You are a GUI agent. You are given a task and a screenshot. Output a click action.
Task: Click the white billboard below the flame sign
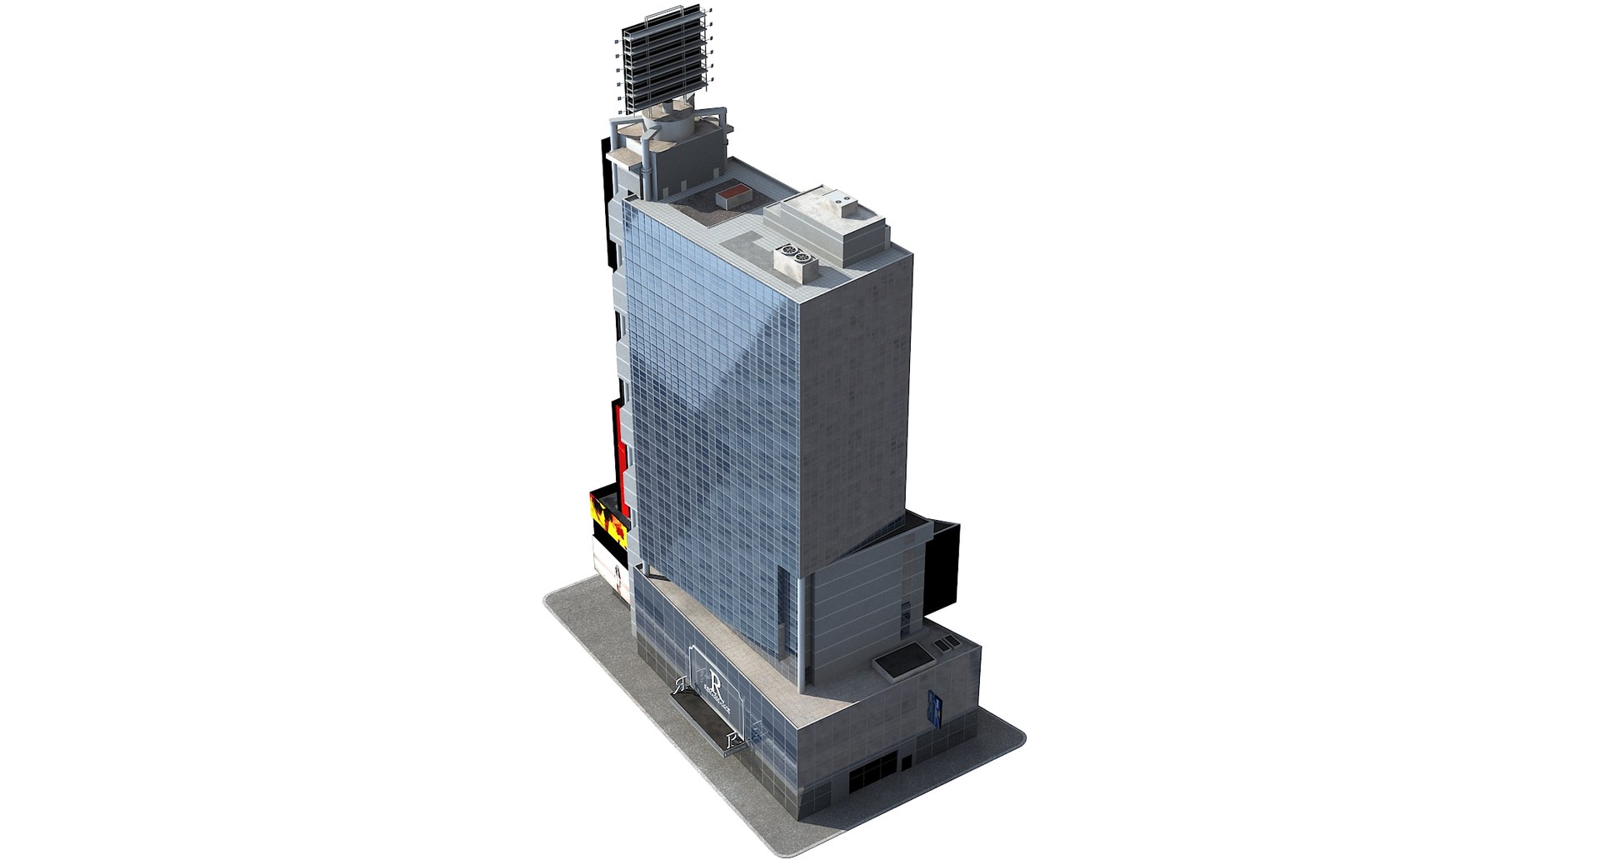tap(610, 567)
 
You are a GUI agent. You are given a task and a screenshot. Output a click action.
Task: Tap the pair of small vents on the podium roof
tap(946, 644)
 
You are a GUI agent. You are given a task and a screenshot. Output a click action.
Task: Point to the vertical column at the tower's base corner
tap(802, 633)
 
